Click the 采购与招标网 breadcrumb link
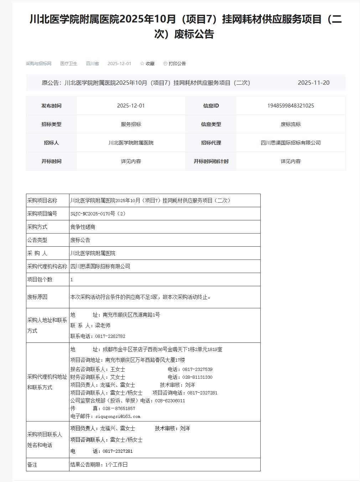[38, 64]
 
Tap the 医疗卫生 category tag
[69, 64]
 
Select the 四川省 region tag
[93, 64]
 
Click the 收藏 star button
[147, 64]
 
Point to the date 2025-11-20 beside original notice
[313, 83]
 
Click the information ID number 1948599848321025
[291, 106]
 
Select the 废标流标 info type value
[291, 124]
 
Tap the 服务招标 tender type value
[131, 124]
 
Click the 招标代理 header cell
[211, 143]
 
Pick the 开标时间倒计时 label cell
[211, 161]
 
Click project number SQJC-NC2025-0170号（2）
[98, 214]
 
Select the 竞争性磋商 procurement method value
[83, 227]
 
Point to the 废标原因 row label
[37, 297]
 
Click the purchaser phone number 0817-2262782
[110, 336]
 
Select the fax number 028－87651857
[119, 409]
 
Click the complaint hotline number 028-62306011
[170, 401]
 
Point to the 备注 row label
[32, 465]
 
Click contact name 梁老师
[103, 325]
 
